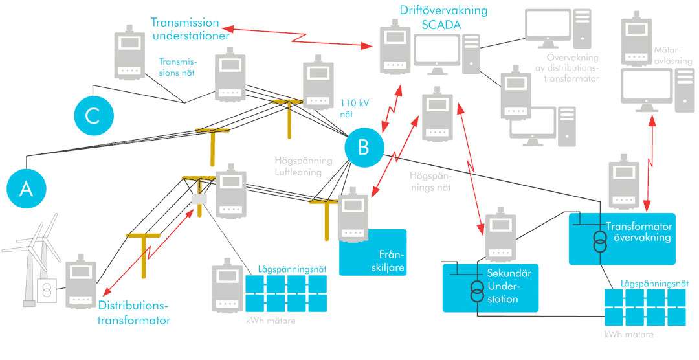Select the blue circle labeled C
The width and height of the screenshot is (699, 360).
pos(93,115)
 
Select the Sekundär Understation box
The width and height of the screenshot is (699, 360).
pos(490,287)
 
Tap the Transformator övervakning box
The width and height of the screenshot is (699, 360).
pos(621,238)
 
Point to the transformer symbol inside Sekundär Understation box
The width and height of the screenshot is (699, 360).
pos(476,291)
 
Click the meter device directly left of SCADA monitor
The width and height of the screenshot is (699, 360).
pos(394,49)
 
